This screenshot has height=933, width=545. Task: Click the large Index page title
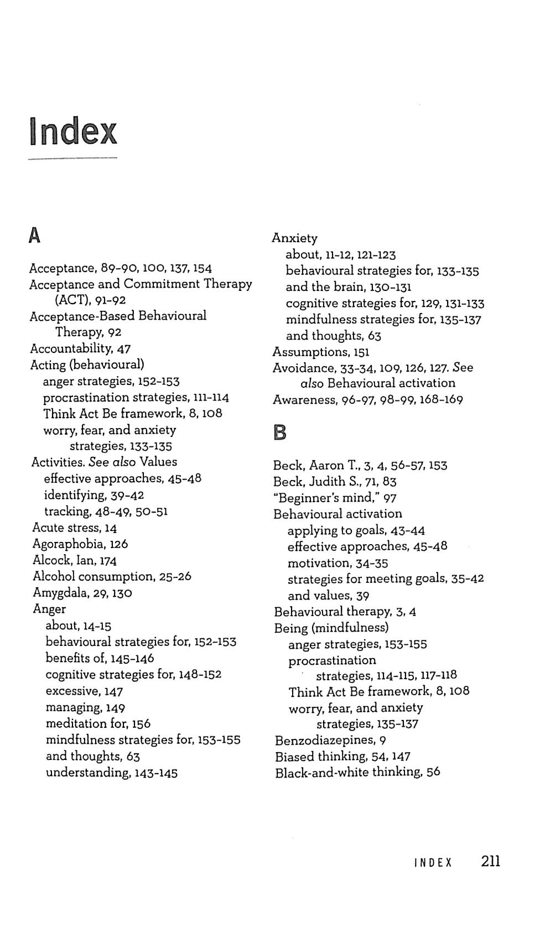(73, 132)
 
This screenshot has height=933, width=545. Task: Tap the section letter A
(34, 236)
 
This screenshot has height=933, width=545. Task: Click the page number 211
(491, 861)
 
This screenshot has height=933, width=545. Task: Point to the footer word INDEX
(433, 863)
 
